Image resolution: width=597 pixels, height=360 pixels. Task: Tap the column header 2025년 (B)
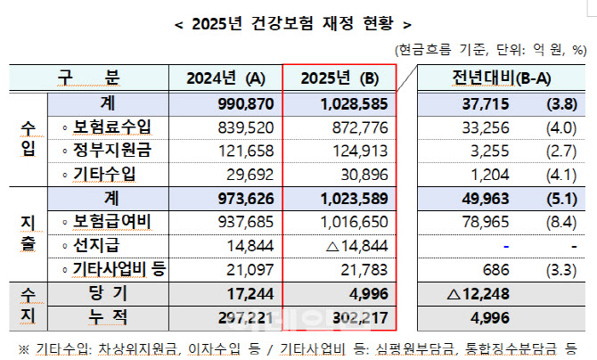tap(339, 78)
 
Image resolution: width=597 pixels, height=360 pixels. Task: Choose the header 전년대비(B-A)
tap(495, 78)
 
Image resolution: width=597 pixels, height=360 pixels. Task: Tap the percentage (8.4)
tap(559, 220)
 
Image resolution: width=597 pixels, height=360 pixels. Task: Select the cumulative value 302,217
tap(357, 315)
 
